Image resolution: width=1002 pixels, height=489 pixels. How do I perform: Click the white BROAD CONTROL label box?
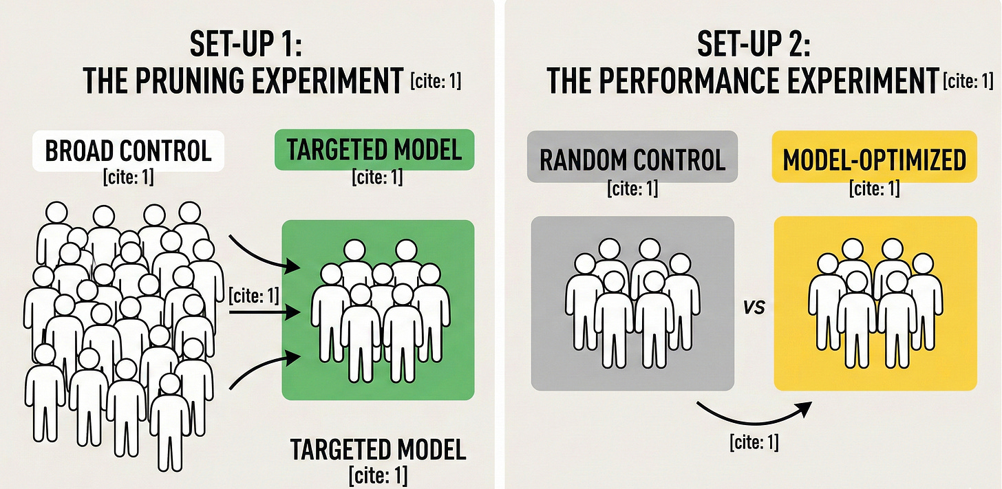129,151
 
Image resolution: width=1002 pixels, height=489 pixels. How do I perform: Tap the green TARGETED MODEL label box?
374,150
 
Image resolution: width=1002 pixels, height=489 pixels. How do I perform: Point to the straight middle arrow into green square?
264,312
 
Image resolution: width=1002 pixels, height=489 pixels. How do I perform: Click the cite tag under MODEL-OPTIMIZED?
874,188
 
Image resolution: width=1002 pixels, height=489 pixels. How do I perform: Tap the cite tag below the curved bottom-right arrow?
754,442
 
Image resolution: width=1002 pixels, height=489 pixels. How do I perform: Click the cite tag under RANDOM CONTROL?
632,188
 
